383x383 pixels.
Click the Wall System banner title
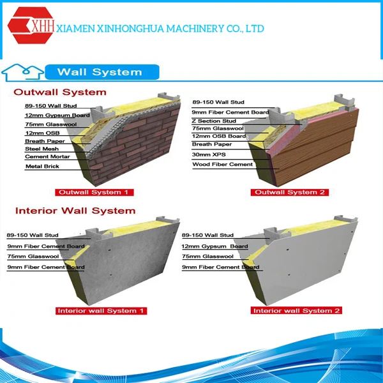coord(99,71)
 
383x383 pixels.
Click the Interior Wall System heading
coord(75,211)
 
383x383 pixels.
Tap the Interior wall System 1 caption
coord(101,311)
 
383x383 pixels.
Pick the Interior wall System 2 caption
coord(296,311)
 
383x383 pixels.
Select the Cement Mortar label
coord(43,156)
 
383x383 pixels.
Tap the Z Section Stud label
coord(214,121)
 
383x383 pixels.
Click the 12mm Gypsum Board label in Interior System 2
coord(214,246)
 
